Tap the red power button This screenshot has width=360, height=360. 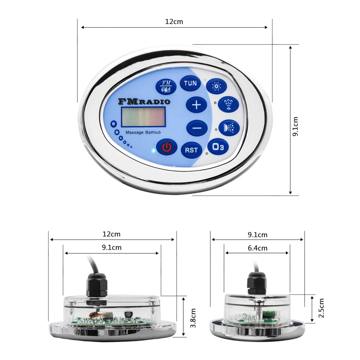(167, 147)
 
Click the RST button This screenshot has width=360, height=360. (192, 150)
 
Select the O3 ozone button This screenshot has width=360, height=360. (218, 147)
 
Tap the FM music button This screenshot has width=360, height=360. (166, 86)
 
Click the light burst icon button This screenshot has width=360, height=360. (216, 86)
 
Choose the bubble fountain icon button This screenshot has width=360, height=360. (229, 104)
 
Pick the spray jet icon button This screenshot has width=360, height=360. (229, 127)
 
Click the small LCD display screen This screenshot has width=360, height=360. (143, 117)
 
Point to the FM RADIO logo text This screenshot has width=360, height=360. (144, 102)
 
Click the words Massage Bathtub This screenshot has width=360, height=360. (143, 132)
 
